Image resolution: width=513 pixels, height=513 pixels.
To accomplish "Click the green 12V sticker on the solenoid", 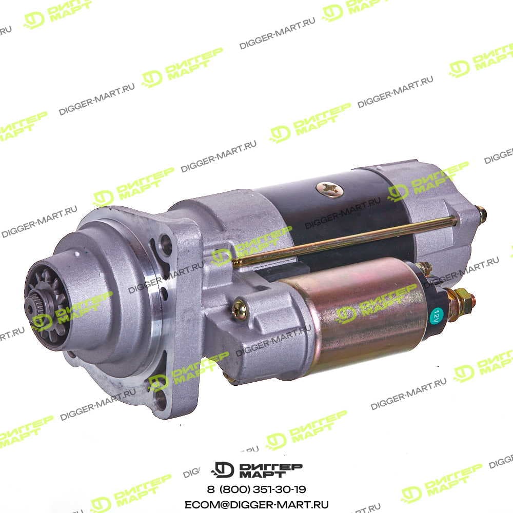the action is coord(436,317).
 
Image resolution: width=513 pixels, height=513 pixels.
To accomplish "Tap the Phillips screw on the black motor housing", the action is coord(330,189).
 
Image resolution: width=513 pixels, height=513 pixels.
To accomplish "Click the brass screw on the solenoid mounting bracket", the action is coord(240,309).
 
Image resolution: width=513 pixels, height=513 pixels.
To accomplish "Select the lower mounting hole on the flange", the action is coord(161,399).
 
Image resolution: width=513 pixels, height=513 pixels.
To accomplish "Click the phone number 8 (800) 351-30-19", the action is coord(256,489).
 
